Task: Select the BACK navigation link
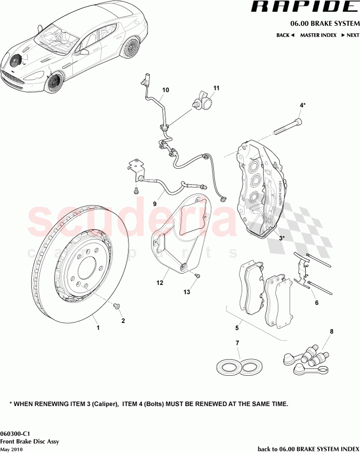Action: [x=285, y=35]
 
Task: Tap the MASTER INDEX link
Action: [x=318, y=35]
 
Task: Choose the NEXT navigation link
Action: [x=350, y=35]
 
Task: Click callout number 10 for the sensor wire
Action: [x=166, y=90]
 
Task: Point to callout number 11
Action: [x=216, y=88]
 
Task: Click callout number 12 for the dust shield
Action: [x=160, y=283]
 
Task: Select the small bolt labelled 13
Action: [x=197, y=277]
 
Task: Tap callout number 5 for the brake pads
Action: [x=236, y=328]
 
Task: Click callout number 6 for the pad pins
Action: [x=317, y=303]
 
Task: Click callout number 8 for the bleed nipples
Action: [x=332, y=332]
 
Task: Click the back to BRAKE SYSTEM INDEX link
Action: [x=308, y=449]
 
